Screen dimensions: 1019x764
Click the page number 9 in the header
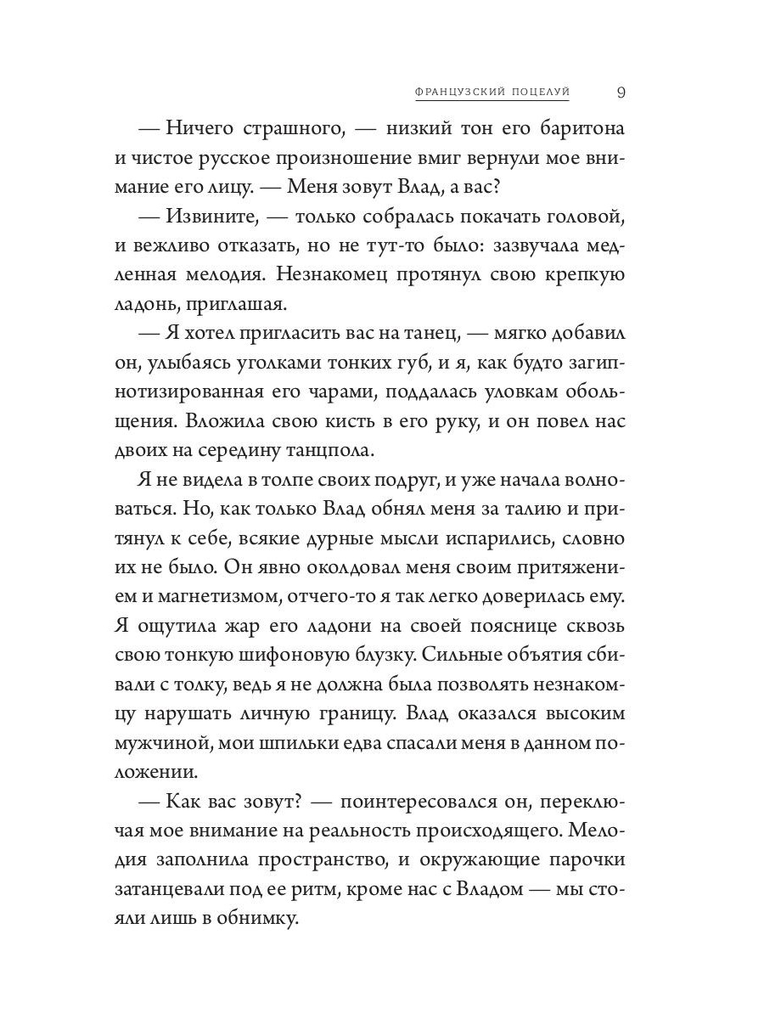tap(621, 93)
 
